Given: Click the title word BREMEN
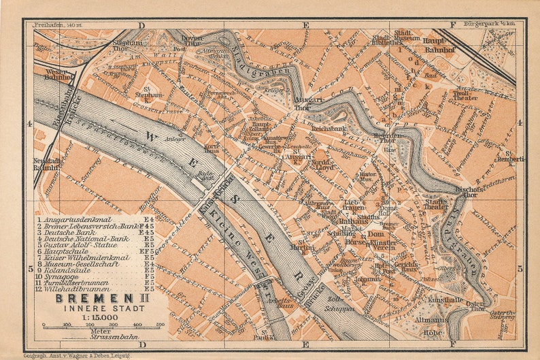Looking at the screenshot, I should point(80,297).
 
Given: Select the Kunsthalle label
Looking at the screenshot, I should point(445,299).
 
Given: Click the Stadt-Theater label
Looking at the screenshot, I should point(437,204).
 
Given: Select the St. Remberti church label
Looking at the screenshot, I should point(520,157).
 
